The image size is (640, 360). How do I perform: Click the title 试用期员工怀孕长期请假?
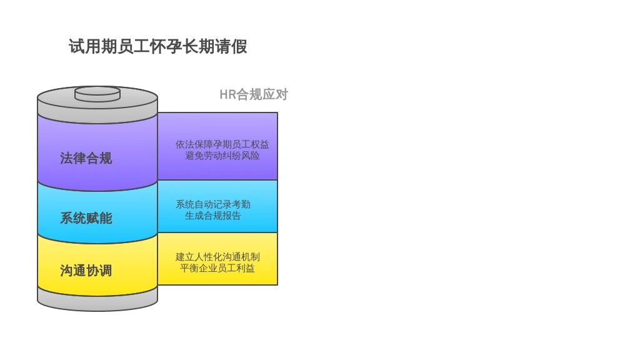[157, 47]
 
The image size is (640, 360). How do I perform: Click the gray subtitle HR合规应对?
[254, 95]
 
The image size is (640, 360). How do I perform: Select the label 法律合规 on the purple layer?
[86, 158]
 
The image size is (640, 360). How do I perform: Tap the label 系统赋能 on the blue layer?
[86, 218]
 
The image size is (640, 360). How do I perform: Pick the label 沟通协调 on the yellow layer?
[86, 271]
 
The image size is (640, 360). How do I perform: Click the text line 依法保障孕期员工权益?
[222, 144]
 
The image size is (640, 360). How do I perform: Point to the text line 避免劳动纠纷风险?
[222, 156]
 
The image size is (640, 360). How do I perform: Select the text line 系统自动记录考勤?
[213, 204]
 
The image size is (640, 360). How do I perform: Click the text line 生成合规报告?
[213, 216]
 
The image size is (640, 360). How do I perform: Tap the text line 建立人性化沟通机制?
[217, 257]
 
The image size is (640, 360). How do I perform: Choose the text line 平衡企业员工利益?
[217, 268]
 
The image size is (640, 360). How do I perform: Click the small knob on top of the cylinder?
[97, 94]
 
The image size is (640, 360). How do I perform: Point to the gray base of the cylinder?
[97, 300]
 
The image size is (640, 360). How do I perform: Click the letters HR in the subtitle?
[227, 95]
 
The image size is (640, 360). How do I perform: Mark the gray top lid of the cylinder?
[97, 106]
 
